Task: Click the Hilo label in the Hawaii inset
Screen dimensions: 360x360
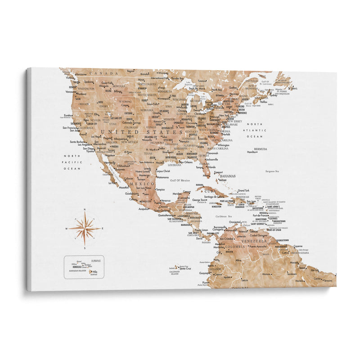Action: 95,271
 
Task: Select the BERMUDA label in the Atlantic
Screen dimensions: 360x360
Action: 260,149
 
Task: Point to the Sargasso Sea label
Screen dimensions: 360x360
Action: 272,171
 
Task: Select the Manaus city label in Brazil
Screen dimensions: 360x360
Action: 267,274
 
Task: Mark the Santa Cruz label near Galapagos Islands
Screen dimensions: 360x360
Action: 186,268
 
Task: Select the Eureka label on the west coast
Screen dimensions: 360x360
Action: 68,115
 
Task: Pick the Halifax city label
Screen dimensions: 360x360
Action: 264,102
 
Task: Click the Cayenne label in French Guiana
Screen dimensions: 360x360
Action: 298,246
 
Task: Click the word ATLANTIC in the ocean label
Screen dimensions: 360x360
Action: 256,130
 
